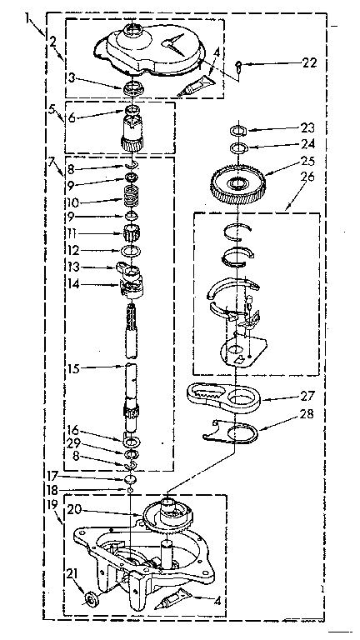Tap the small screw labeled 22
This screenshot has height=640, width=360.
pyautogui.click(x=240, y=65)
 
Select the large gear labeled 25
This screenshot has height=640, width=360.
pyautogui.click(x=238, y=182)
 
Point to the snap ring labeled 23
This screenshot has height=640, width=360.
pyautogui.click(x=237, y=131)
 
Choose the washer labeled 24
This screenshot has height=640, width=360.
pyautogui.click(x=237, y=147)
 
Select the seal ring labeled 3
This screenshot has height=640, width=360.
pyautogui.click(x=133, y=88)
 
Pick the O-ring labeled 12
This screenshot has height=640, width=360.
pyautogui.click(x=131, y=250)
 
